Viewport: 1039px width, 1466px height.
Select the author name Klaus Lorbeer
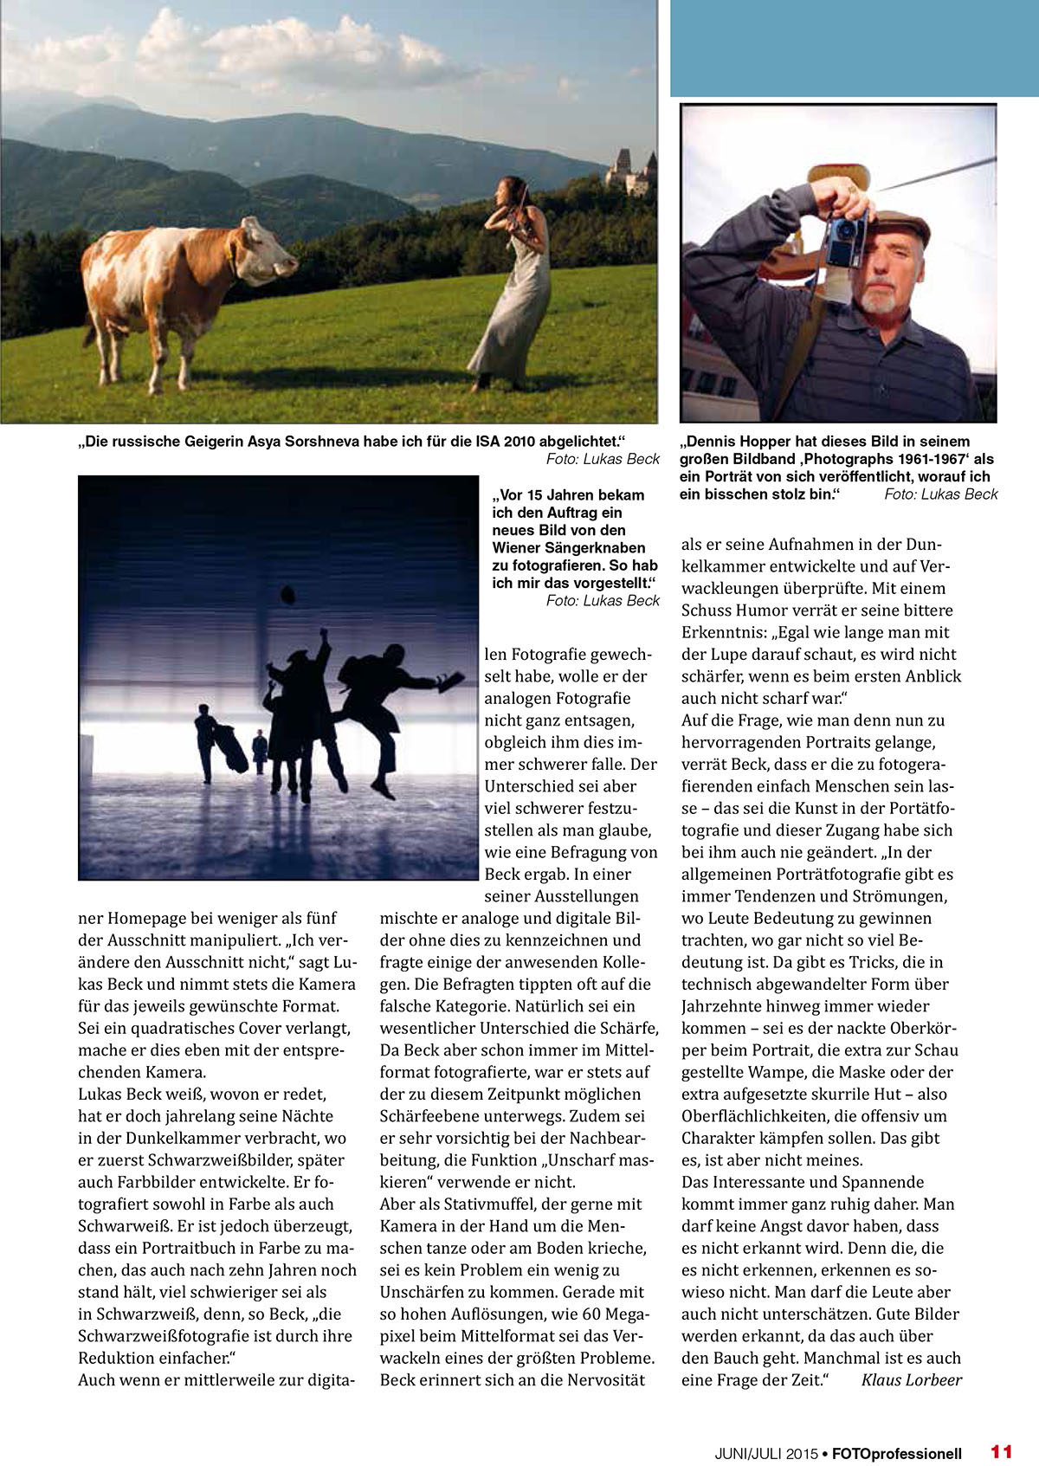tap(911, 1379)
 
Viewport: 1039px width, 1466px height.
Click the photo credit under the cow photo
tap(603, 459)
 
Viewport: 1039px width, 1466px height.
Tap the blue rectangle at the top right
tap(854, 48)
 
